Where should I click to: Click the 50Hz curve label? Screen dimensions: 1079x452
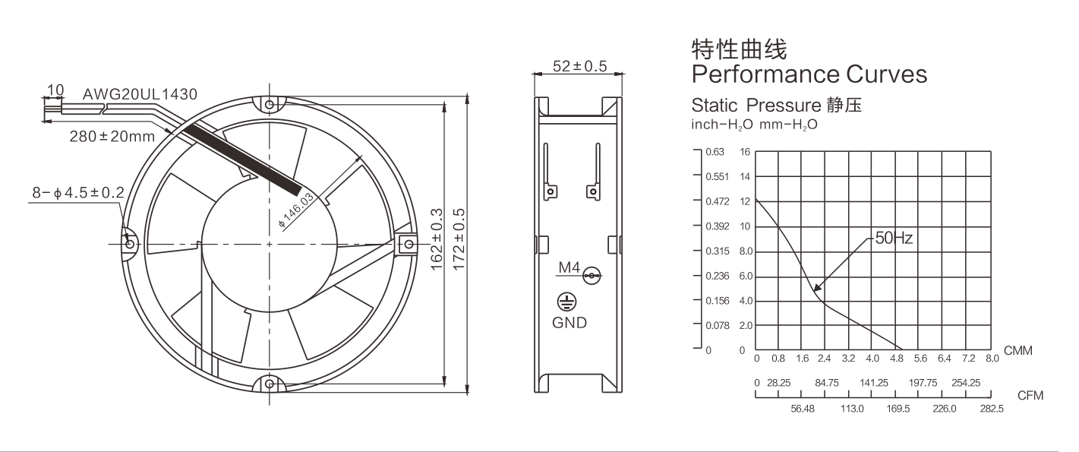(x=894, y=238)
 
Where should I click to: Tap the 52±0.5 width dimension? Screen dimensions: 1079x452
(x=579, y=66)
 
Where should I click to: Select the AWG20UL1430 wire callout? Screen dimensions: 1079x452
(x=140, y=94)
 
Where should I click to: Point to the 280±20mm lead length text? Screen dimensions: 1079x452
(x=112, y=137)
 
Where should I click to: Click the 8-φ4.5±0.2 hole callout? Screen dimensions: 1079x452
(x=78, y=193)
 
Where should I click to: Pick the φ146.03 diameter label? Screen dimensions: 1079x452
(x=296, y=210)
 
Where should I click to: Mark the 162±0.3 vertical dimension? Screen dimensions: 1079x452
(x=437, y=239)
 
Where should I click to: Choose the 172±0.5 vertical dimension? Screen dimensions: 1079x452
(x=459, y=239)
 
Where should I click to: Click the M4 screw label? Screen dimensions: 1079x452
(x=569, y=267)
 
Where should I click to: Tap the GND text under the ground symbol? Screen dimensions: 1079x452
(x=569, y=322)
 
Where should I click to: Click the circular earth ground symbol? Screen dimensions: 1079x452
(x=566, y=302)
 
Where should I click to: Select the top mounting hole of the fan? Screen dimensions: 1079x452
(x=270, y=105)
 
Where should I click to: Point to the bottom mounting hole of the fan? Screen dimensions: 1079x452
(x=270, y=384)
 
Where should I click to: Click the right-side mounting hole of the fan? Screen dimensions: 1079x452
(x=409, y=245)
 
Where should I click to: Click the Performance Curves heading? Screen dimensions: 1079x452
(x=809, y=74)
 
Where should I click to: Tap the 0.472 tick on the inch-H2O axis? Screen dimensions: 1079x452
(x=718, y=201)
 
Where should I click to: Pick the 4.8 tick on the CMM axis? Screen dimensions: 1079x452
(x=897, y=359)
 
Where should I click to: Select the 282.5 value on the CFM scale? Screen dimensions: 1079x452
(x=992, y=409)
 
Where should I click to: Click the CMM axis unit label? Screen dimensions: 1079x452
(x=1017, y=350)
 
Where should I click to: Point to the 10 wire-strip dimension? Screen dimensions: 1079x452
(x=55, y=90)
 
